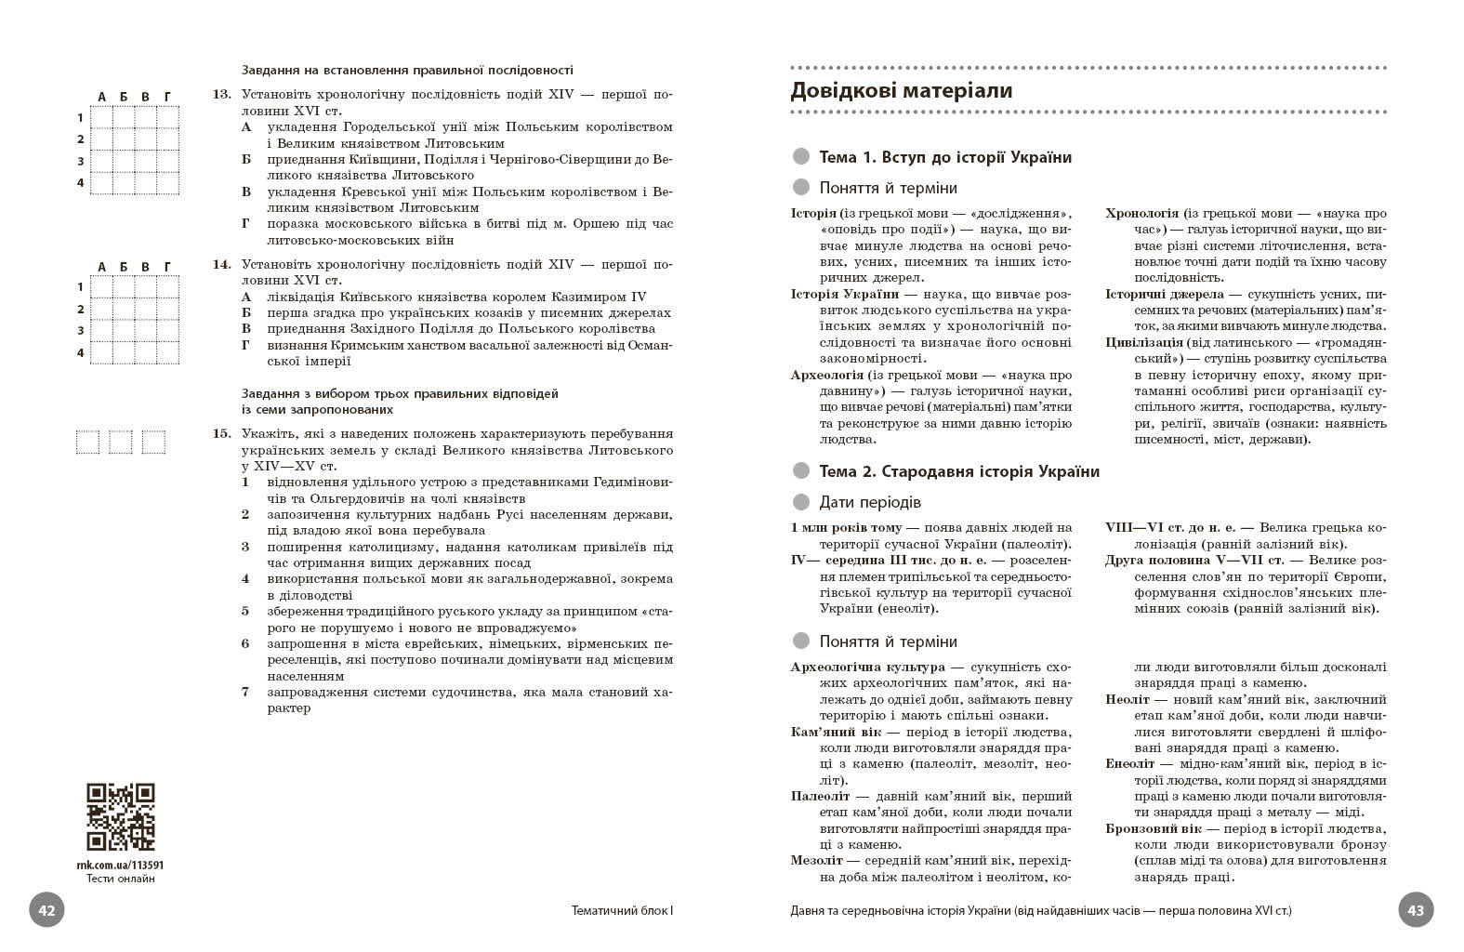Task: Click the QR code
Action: (x=121, y=816)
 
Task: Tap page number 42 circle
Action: (x=47, y=910)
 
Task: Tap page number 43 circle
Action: (x=1416, y=910)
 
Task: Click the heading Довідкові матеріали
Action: (x=901, y=91)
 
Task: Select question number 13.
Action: (x=221, y=95)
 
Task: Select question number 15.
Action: (x=221, y=434)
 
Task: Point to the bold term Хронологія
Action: (x=1141, y=214)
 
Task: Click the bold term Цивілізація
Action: (x=1144, y=343)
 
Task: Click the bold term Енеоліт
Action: (x=1128, y=764)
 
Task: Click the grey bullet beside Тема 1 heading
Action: (x=800, y=157)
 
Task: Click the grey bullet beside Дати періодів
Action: (x=800, y=502)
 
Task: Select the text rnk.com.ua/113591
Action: (x=120, y=865)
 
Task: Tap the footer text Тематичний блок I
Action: (x=622, y=911)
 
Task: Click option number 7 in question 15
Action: (x=245, y=692)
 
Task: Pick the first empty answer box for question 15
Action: (x=87, y=443)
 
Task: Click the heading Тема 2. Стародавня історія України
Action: (x=959, y=471)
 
